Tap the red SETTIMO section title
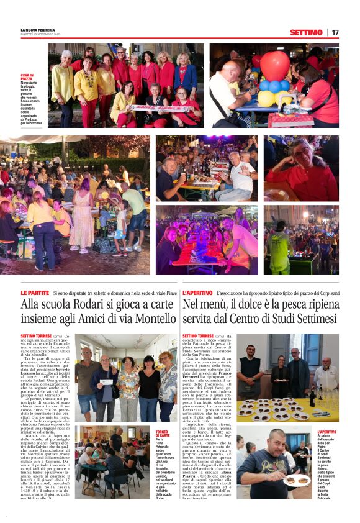point(306,32)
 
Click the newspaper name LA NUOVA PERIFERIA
point(37,29)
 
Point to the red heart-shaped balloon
point(274,65)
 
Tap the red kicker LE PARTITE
point(34,292)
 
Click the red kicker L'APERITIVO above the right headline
point(197,292)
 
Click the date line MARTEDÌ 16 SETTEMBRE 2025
point(40,34)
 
